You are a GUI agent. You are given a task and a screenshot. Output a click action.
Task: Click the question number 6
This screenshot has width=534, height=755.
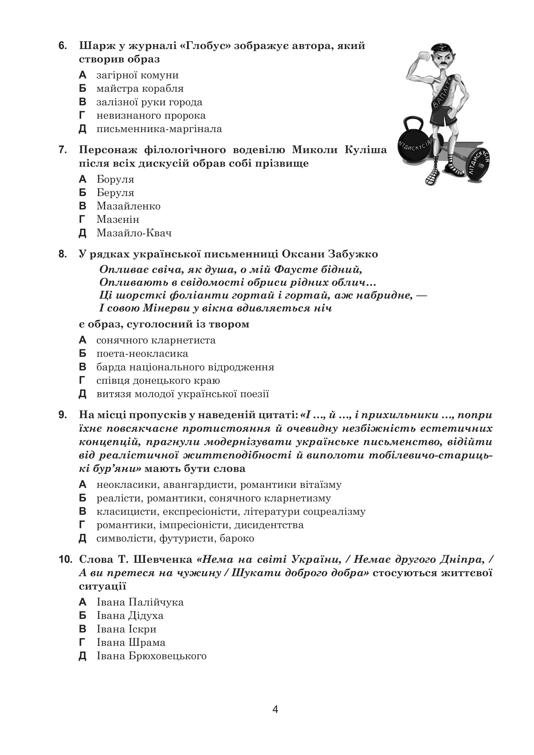tap(63, 46)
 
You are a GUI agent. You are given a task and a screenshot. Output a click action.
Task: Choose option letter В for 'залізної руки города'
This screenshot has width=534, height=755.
tap(82, 102)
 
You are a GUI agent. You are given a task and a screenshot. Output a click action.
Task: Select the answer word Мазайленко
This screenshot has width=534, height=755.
tap(128, 206)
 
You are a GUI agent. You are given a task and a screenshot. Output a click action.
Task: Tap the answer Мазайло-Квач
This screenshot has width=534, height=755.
tap(134, 233)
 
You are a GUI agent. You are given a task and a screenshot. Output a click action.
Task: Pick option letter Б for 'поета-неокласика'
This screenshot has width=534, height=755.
tap(82, 354)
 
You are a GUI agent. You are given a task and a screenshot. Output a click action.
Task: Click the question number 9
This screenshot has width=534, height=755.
tap(63, 415)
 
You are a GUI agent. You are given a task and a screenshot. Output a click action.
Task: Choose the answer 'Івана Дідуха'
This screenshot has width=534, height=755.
tap(130, 616)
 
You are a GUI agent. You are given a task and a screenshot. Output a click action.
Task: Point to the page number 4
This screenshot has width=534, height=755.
tap(275, 709)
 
